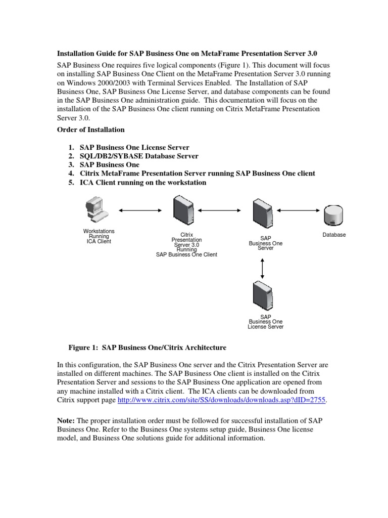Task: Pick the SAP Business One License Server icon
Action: (263, 297)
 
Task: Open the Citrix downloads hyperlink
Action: (222, 400)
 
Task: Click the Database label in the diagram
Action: (334, 235)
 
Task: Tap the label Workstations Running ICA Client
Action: (99, 236)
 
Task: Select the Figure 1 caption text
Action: (147, 348)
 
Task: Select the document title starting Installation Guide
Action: (186, 53)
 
